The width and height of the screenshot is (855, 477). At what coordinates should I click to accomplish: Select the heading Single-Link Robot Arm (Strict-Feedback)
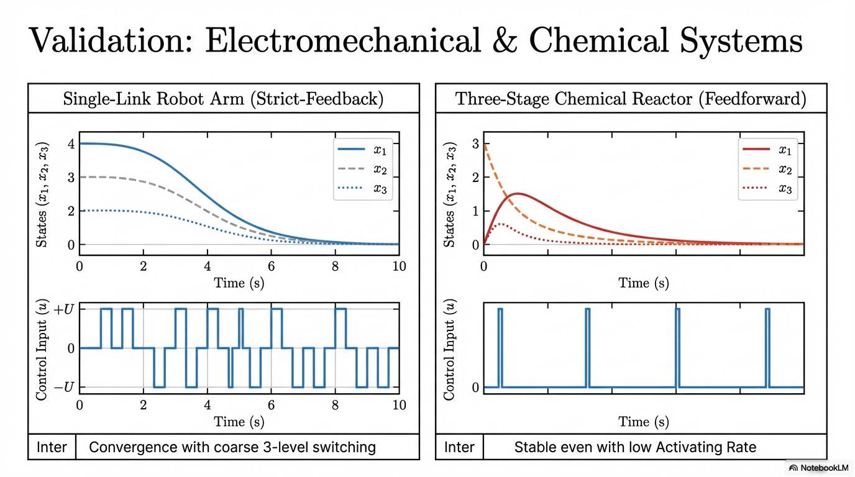click(x=223, y=99)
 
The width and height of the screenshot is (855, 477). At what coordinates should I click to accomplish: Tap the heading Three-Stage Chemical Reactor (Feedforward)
click(x=631, y=99)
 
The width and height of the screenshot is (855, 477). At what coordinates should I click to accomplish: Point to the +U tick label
click(x=63, y=309)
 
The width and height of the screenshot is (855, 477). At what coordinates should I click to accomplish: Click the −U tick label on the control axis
click(x=63, y=388)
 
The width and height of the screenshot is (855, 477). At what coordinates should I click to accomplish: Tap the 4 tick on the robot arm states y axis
click(x=71, y=144)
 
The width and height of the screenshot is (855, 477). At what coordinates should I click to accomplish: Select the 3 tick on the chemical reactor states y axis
click(x=476, y=144)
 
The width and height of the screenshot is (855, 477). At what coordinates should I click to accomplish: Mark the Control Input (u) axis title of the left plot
click(x=42, y=348)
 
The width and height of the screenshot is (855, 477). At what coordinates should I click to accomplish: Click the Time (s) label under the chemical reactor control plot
click(x=643, y=422)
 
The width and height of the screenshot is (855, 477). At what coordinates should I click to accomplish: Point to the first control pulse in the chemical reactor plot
click(x=500, y=348)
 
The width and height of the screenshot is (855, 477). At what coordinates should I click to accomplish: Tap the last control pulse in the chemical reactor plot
click(x=767, y=348)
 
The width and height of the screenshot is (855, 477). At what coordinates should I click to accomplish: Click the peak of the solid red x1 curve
click(x=518, y=194)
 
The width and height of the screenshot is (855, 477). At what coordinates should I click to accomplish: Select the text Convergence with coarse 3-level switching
click(x=232, y=447)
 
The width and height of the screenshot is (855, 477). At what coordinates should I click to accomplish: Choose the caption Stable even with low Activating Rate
click(x=635, y=447)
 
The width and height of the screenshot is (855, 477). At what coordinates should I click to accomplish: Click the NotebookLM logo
click(x=817, y=468)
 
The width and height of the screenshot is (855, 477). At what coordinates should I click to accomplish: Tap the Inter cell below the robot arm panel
click(x=52, y=447)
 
